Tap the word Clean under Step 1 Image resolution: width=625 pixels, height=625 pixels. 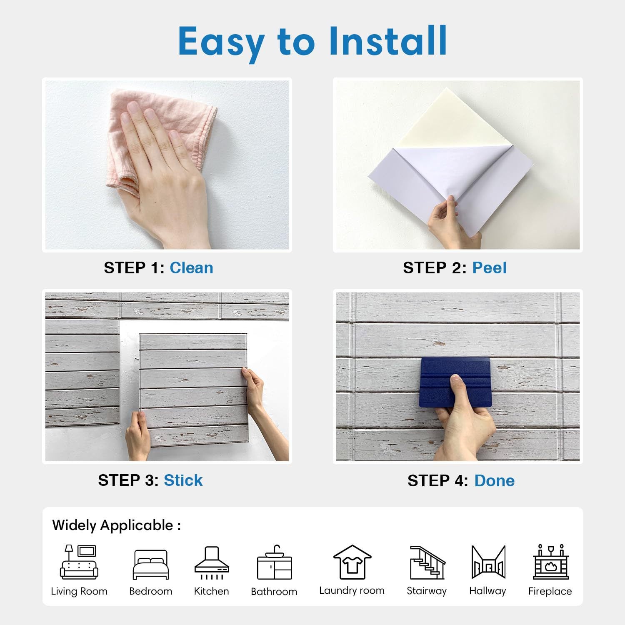point(191,267)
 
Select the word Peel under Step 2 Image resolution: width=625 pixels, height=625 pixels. point(489,267)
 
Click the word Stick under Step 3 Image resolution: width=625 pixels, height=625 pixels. point(183,480)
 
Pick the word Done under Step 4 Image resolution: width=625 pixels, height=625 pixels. point(494,480)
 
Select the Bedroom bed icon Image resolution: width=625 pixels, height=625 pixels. point(151,565)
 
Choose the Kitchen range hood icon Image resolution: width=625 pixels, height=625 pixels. point(212,563)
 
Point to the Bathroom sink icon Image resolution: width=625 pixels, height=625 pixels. point(274,562)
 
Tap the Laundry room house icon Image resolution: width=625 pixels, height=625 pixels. point(352,562)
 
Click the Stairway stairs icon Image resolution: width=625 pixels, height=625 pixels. point(427,562)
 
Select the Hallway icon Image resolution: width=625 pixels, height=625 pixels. point(488,562)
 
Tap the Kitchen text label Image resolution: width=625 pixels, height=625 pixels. point(212,591)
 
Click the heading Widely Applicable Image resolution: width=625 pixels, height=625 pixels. point(117,525)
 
